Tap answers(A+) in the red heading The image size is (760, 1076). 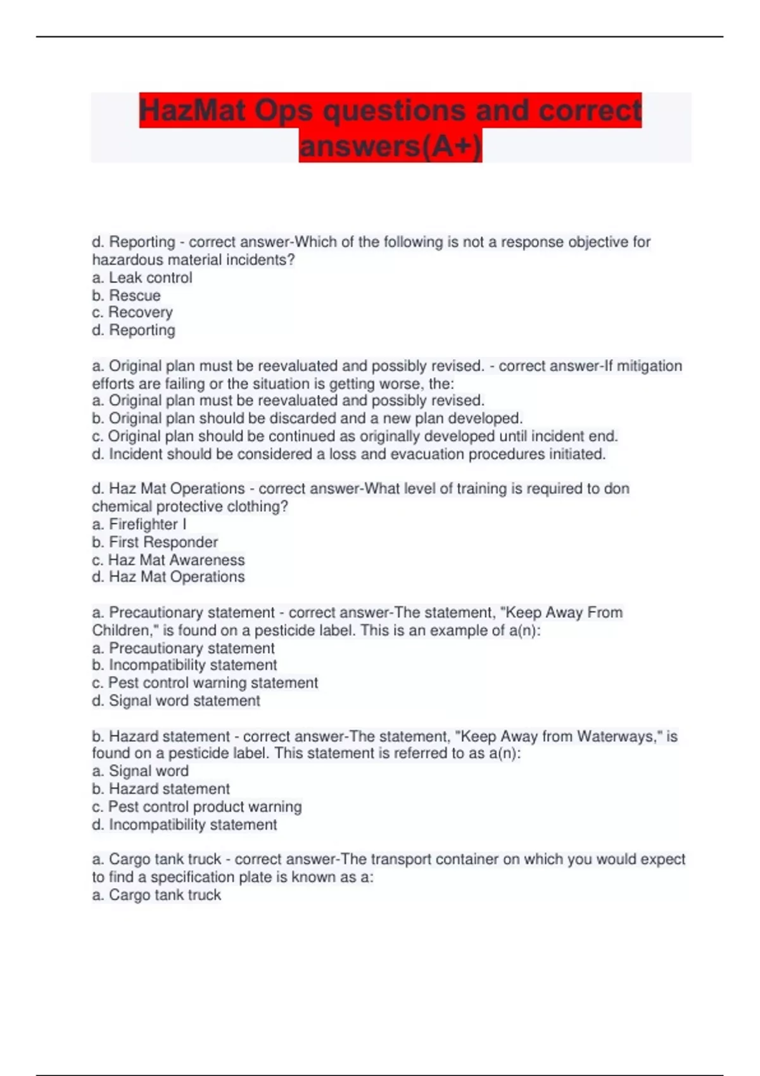pos(390,146)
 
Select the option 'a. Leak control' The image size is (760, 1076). pos(142,278)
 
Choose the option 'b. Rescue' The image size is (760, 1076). pos(126,296)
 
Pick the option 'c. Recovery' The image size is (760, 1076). pos(132,313)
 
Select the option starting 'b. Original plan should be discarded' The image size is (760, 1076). pos(307,418)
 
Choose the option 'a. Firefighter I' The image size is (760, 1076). pos(139,525)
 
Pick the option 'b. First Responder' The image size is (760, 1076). pos(155,542)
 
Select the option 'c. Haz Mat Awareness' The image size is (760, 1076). pos(168,560)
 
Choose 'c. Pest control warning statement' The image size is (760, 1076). pos(205,683)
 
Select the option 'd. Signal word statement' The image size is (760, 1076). pos(175,701)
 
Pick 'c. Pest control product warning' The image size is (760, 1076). pos(196,807)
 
